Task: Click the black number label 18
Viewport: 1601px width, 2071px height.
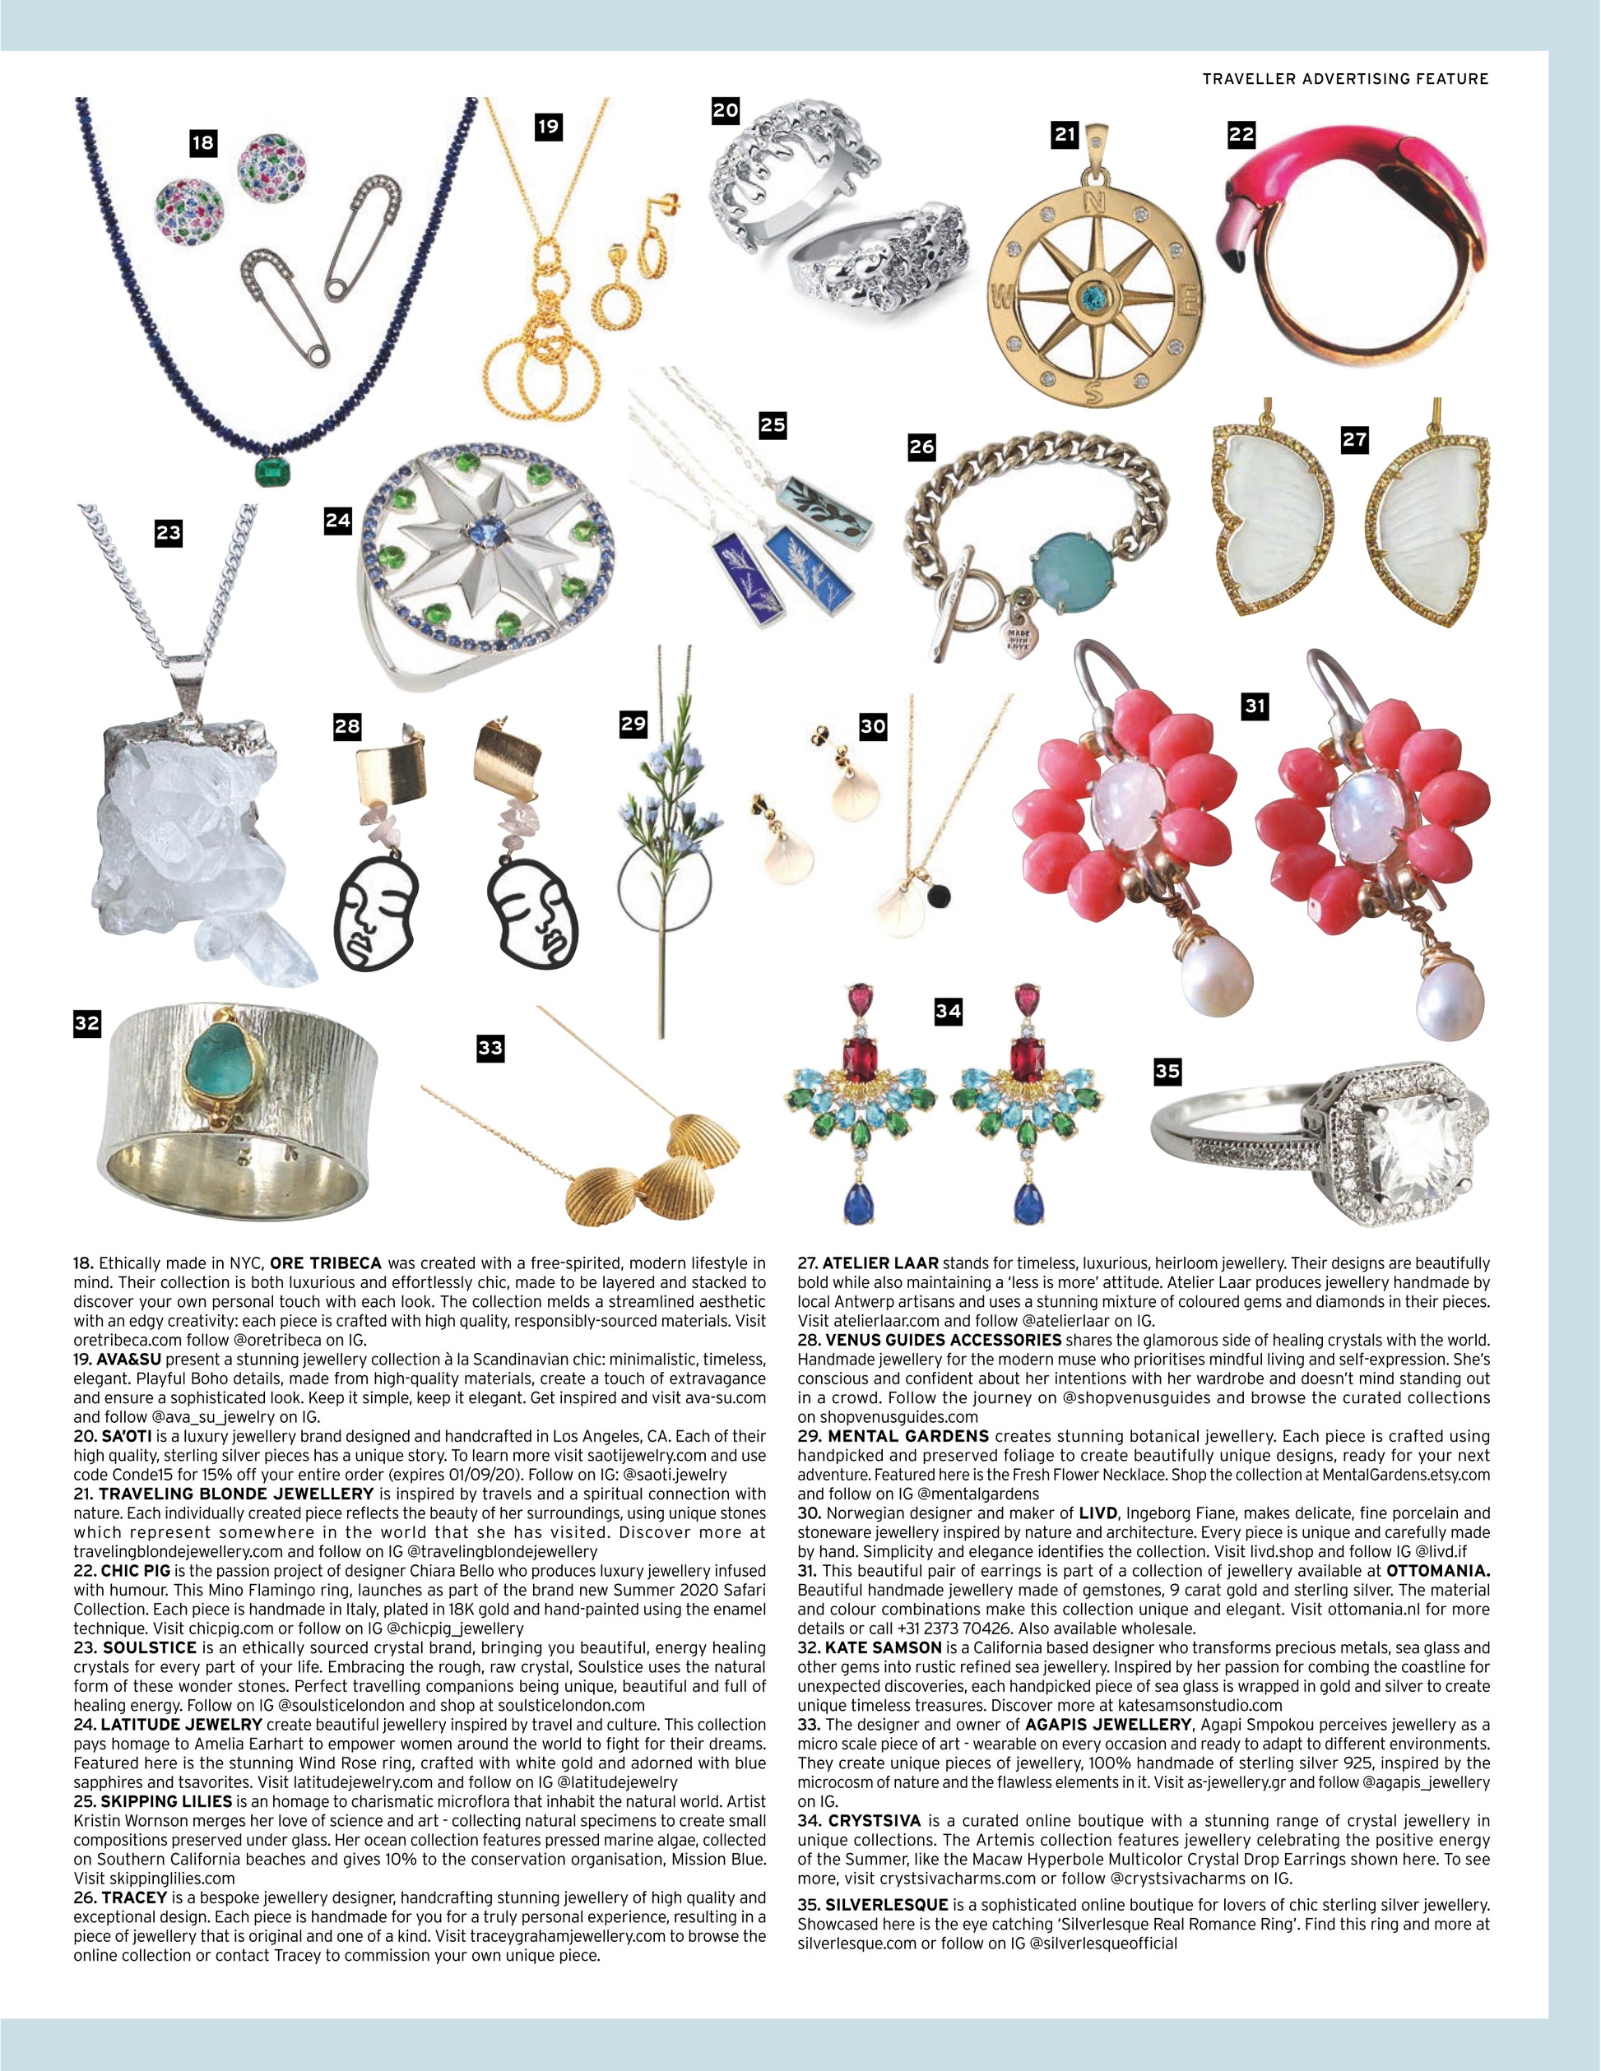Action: pos(203,143)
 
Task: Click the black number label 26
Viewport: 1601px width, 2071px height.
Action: pos(921,447)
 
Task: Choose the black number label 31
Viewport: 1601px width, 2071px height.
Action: pos(1255,706)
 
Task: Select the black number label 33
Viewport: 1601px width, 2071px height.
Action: pos(490,1047)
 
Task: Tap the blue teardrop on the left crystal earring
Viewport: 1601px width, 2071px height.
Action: pos(855,1202)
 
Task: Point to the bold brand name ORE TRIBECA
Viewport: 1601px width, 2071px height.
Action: pos(325,1263)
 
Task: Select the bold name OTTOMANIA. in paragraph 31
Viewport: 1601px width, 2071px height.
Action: pos(1438,1570)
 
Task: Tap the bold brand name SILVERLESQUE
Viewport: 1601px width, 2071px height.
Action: pos(886,1904)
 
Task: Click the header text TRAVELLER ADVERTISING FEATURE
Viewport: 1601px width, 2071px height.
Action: pos(1345,79)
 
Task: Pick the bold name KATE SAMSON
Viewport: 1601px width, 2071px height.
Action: pos(883,1647)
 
